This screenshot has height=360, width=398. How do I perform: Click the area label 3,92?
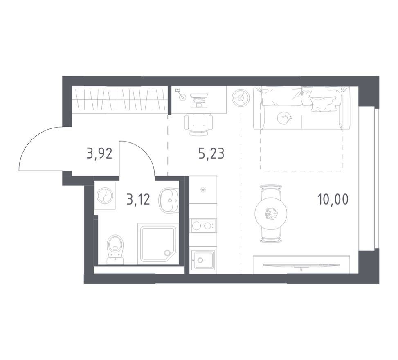99,153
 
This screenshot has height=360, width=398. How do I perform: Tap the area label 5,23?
211,153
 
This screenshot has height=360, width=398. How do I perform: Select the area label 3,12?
138,199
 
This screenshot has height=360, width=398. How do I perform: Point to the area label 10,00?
333,199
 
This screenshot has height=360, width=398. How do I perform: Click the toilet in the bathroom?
115,249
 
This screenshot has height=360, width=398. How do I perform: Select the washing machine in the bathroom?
105,195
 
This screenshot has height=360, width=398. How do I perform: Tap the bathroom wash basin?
169,200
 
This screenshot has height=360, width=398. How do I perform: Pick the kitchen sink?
203,260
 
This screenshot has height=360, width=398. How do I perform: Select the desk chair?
199,124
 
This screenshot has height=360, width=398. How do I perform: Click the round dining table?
271,213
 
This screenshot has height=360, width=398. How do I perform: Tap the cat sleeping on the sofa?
284,118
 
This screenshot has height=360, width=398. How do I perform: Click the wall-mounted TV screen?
301,265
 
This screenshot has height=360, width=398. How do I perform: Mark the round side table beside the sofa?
241,98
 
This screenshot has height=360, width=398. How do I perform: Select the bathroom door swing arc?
142,152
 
